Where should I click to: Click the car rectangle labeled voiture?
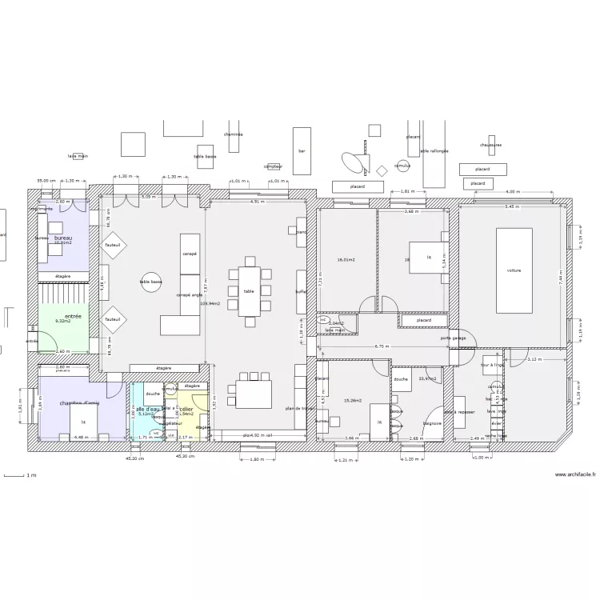(514, 270)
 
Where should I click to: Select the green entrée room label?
(73, 317)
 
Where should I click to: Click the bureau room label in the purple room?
(63, 238)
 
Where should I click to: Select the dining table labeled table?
(249, 291)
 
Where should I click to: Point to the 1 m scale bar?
(18, 476)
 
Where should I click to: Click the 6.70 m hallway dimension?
(382, 346)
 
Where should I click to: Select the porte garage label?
(452, 338)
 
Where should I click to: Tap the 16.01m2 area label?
(346, 260)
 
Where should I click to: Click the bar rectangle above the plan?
(302, 150)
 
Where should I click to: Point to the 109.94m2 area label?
(210, 304)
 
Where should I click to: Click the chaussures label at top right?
(491, 145)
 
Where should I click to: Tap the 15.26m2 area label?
(352, 400)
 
